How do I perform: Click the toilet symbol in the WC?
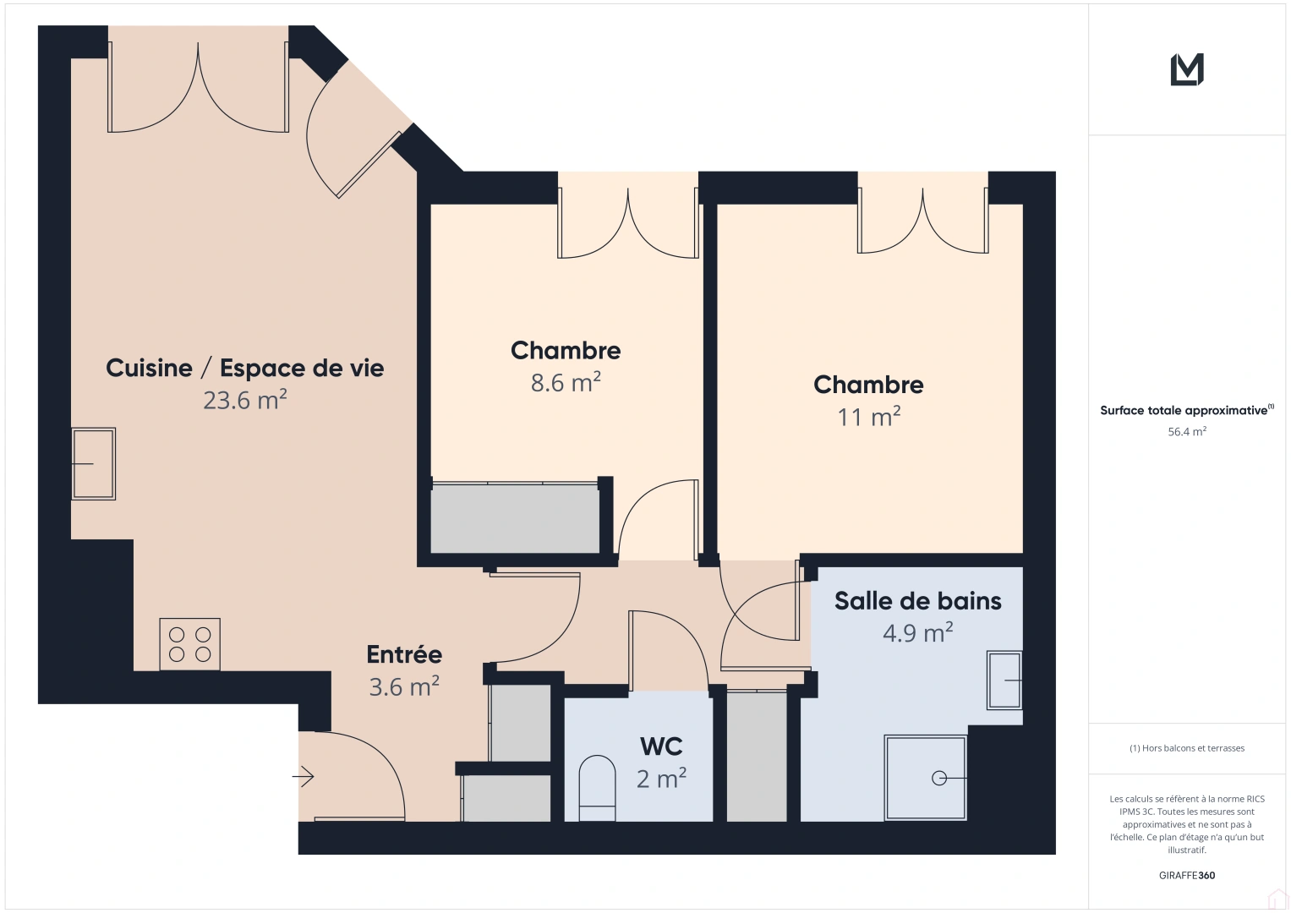597,788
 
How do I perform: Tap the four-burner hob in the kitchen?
190,644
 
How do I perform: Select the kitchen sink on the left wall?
93,463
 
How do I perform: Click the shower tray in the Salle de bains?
926,778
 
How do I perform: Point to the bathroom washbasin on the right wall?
1005,680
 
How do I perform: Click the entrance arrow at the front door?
304,776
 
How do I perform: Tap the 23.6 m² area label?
245,400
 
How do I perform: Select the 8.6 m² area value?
566,383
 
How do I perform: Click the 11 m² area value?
868,417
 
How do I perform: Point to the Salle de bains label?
917,601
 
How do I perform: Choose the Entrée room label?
404,654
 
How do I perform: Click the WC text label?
661,746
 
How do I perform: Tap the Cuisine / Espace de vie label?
245,368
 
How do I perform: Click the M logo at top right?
1187,69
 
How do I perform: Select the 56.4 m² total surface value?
1187,431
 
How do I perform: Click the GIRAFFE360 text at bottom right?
1187,875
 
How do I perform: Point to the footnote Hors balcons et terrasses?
1187,748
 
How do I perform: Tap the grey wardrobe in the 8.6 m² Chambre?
515,518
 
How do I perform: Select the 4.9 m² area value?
917,633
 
